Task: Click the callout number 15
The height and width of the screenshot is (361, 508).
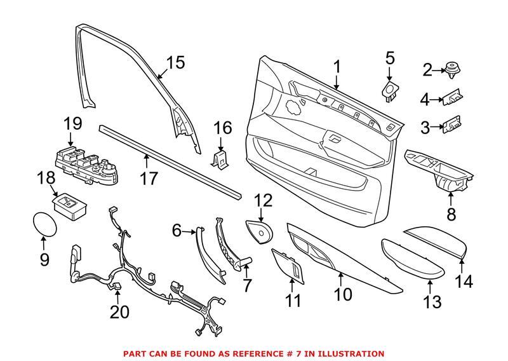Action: (x=175, y=63)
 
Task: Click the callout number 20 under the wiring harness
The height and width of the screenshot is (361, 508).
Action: (x=119, y=312)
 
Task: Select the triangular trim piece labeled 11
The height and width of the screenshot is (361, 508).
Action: (x=288, y=267)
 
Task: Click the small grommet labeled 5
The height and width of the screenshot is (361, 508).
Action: (x=389, y=90)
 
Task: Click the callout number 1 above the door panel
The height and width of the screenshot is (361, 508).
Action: (x=337, y=67)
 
